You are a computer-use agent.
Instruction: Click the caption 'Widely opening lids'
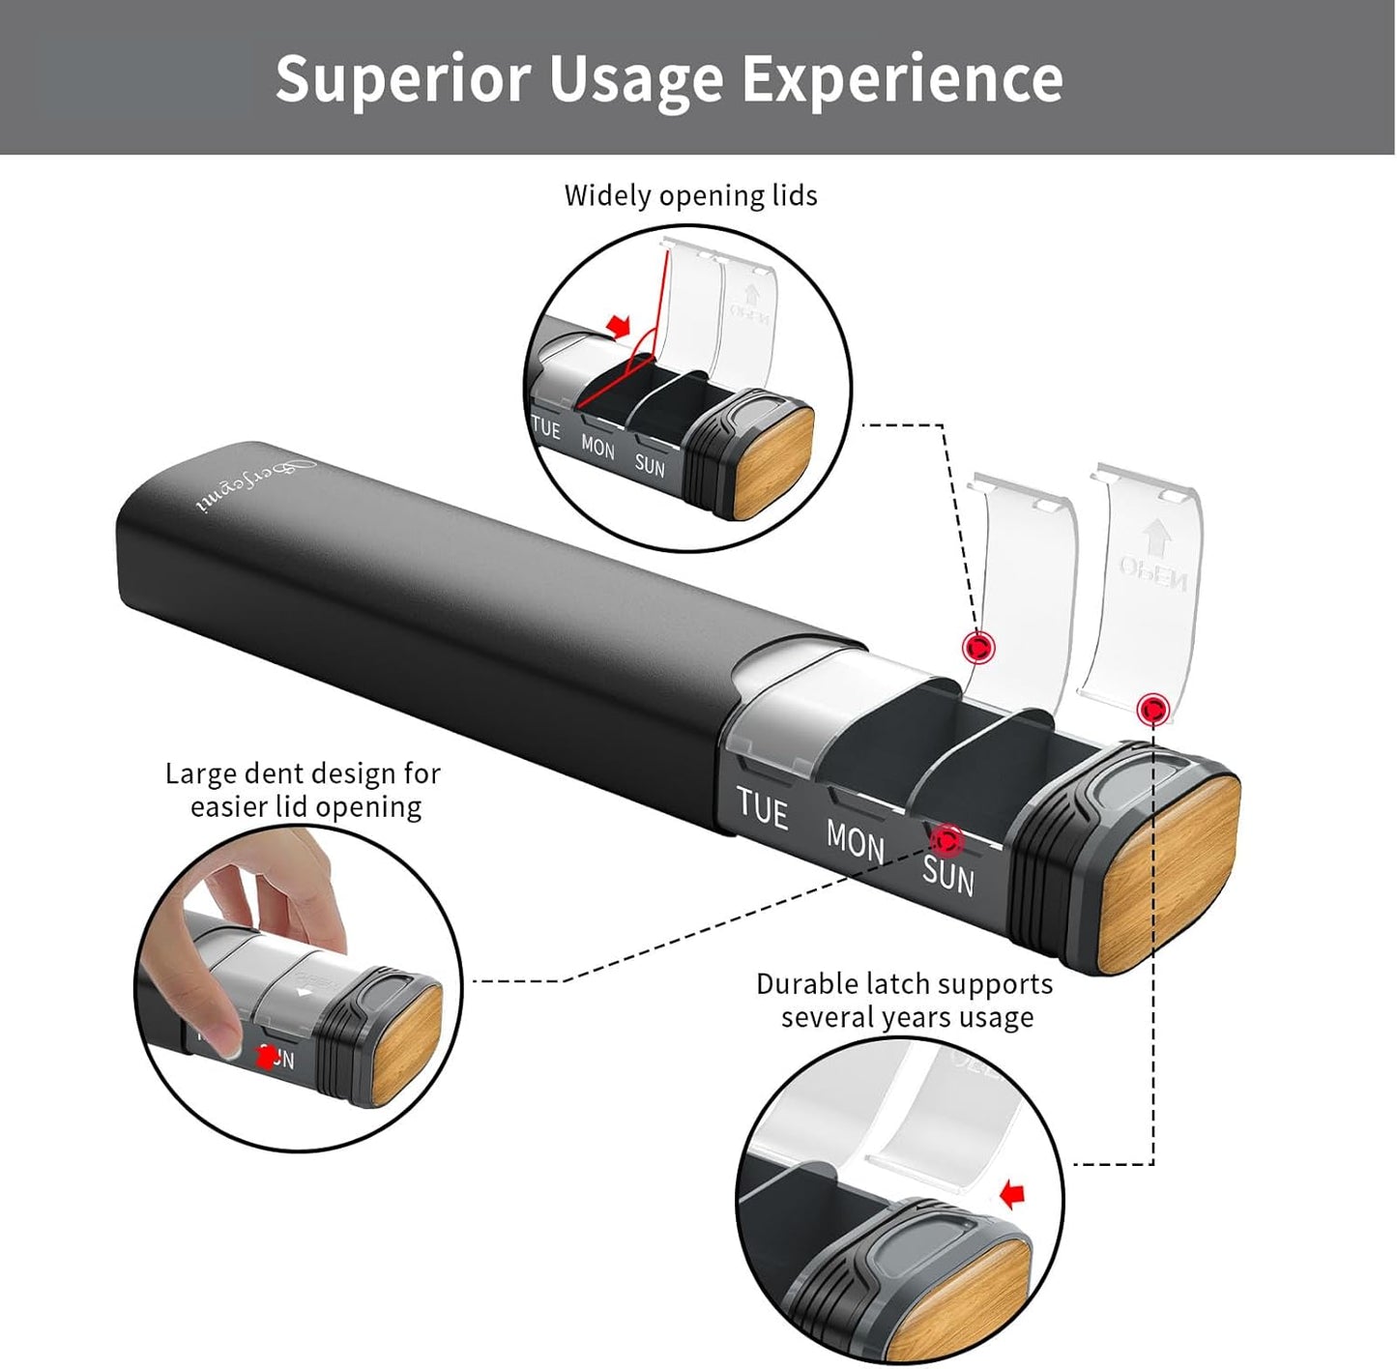[690, 195]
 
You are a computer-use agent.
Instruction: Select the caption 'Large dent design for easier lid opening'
[304, 790]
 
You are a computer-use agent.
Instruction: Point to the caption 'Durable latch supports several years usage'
[905, 1001]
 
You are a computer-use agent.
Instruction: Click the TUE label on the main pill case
[762, 807]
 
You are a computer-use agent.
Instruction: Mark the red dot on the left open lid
[979, 647]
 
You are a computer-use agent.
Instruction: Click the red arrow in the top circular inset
[617, 325]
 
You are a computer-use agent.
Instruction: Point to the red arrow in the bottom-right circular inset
[1012, 1195]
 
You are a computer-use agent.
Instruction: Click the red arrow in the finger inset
[265, 1057]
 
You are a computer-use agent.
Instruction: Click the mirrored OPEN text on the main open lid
[1153, 571]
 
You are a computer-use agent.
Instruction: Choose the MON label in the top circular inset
[597, 448]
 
